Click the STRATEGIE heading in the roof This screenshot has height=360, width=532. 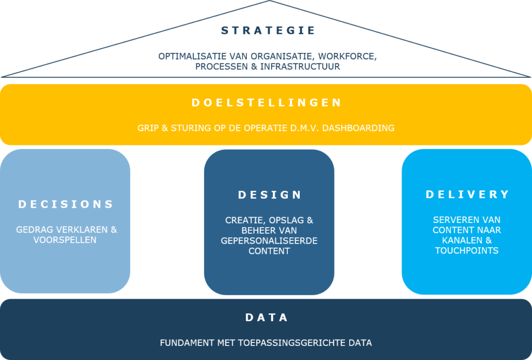268,31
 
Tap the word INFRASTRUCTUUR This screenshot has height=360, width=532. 300,66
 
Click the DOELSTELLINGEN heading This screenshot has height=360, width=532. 267,102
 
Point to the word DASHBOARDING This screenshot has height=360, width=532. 358,128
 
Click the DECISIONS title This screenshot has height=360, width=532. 65,204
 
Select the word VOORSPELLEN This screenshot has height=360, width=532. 65,240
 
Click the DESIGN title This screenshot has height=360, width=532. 270,195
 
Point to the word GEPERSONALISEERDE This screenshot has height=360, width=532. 269,241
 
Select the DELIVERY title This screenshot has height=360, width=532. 468,194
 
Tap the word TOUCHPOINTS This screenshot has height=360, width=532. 467,251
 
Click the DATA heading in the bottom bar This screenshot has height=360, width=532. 267,317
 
